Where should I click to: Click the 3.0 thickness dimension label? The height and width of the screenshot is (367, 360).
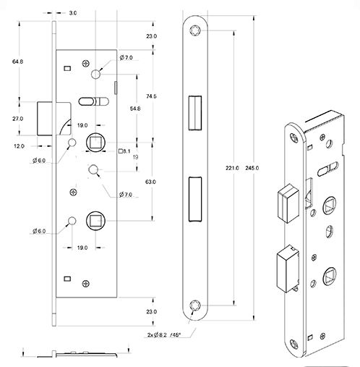[x=73, y=13]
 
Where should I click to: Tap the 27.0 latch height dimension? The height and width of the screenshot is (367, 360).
[x=18, y=118]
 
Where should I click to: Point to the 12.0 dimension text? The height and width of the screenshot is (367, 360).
[x=18, y=146]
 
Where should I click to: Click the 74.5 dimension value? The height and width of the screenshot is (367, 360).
[x=151, y=96]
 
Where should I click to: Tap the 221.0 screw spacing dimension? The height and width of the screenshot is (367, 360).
[x=232, y=168]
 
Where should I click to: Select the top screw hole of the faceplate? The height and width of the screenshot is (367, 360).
[x=195, y=30]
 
